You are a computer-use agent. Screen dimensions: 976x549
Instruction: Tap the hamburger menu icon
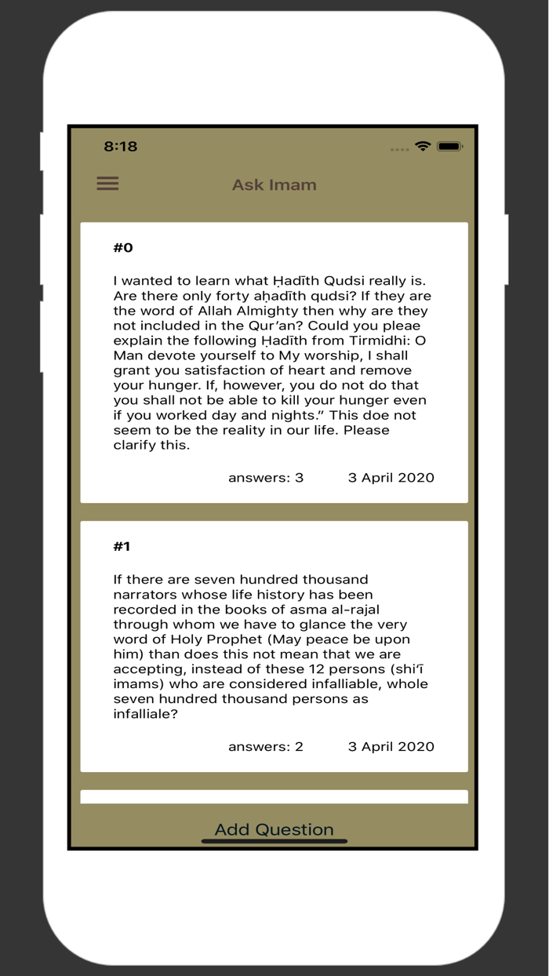(x=107, y=184)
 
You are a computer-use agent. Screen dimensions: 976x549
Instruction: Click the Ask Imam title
(x=274, y=185)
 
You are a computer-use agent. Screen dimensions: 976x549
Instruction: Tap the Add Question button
(x=274, y=829)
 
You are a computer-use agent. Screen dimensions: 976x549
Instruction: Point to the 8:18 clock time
(x=121, y=147)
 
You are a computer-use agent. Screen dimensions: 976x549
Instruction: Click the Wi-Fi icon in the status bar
(x=423, y=147)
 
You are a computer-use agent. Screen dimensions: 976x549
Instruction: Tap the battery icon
(x=450, y=147)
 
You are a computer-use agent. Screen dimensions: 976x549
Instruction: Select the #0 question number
(x=123, y=248)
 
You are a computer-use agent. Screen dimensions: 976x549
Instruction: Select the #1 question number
(x=122, y=546)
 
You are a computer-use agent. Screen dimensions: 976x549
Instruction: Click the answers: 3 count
(x=266, y=477)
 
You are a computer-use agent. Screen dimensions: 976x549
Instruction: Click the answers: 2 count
(x=266, y=746)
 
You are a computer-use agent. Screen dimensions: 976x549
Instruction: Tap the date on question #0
(x=391, y=477)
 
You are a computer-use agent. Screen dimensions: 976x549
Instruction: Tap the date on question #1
(x=391, y=746)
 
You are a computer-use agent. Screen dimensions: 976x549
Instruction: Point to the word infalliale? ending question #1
(x=146, y=714)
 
